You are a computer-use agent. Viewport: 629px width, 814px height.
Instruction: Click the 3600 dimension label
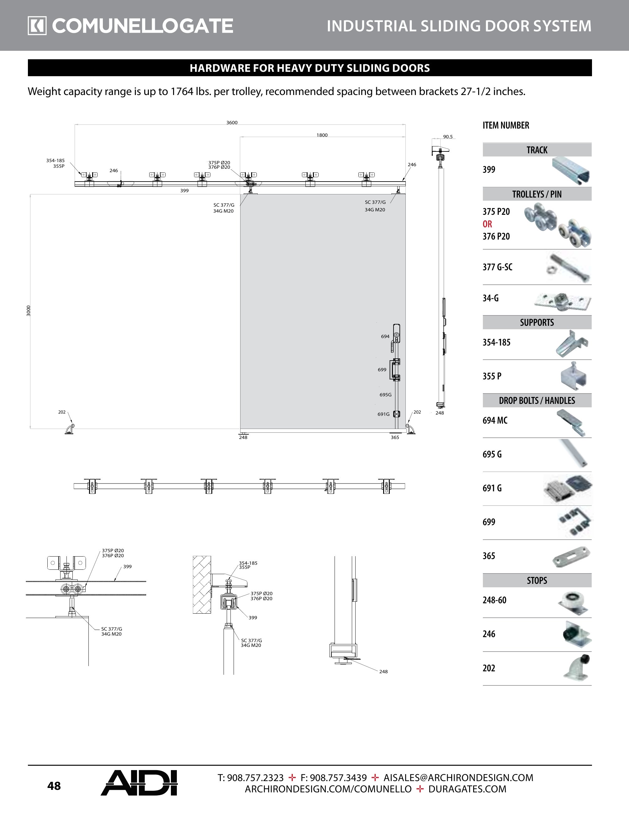[x=232, y=123]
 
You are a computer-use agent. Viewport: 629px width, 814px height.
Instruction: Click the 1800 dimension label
[x=322, y=135]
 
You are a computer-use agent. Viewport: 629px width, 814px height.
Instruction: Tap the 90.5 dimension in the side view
[x=447, y=137]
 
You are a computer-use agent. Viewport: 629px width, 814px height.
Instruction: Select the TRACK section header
[x=536, y=150]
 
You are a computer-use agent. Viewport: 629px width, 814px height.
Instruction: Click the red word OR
[x=487, y=224]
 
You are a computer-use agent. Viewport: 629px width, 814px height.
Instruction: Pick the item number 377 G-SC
[x=497, y=267]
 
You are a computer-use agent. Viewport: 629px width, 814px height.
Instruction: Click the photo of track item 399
[x=571, y=171]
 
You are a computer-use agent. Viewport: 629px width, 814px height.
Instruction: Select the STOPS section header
[x=536, y=580]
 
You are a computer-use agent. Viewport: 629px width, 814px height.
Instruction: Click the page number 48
[x=54, y=786]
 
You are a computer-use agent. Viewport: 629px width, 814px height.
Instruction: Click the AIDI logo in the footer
[x=139, y=783]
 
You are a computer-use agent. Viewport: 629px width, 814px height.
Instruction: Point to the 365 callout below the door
[x=395, y=437]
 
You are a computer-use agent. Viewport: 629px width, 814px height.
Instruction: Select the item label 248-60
[x=494, y=600]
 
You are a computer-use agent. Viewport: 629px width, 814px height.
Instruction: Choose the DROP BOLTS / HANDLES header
[x=536, y=400]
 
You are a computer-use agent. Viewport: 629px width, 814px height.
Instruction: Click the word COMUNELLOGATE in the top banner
[x=142, y=26]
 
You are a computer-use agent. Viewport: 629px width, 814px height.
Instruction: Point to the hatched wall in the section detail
[x=202, y=584]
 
